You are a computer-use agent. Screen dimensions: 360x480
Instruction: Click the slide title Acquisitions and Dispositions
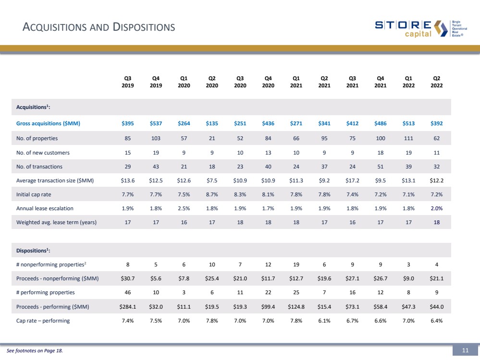click(99, 27)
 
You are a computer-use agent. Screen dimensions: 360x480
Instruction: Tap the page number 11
click(465, 351)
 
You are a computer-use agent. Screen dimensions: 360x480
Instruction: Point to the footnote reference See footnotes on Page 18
click(35, 351)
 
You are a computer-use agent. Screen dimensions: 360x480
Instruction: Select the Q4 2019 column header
click(156, 82)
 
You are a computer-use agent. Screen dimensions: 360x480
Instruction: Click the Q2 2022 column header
click(437, 82)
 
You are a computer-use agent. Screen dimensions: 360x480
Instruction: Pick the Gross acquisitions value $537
click(156, 123)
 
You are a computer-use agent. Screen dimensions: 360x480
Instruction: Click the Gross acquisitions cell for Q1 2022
click(408, 123)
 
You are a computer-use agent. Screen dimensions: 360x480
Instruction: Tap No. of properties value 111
click(408, 139)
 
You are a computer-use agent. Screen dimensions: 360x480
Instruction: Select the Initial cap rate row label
click(32, 194)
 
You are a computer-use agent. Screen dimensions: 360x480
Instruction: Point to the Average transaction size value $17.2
click(352, 180)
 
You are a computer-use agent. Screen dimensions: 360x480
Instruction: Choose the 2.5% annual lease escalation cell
click(184, 208)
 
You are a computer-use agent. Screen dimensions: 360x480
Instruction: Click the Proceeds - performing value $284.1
click(128, 306)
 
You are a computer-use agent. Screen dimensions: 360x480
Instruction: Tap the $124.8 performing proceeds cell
click(296, 306)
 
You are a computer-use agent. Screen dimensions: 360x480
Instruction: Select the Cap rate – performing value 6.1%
click(324, 321)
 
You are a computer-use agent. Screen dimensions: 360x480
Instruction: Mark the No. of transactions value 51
click(381, 167)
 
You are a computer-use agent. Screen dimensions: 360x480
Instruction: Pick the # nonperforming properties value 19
click(296, 264)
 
